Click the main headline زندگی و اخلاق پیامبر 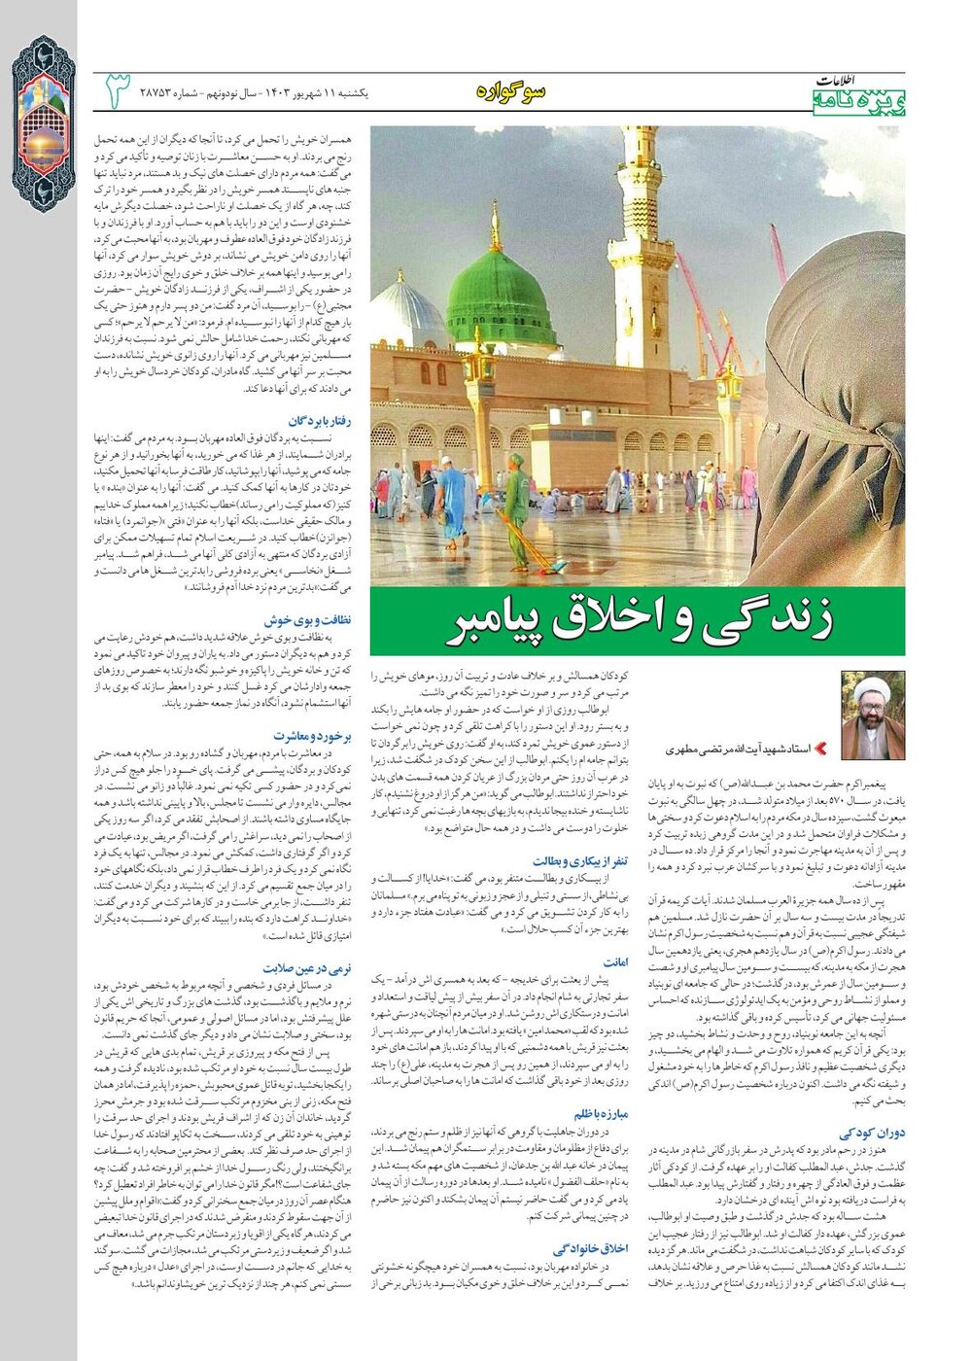(638, 623)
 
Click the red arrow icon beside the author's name (819, 749)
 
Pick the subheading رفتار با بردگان (320, 420)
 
